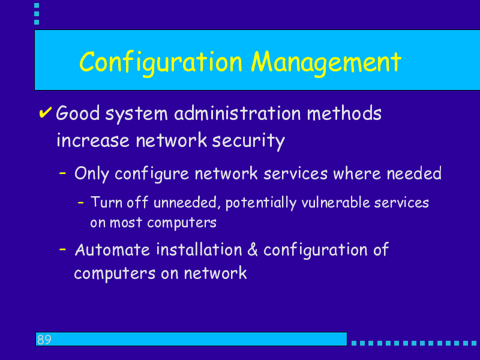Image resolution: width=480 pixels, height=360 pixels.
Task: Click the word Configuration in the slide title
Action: coord(161,63)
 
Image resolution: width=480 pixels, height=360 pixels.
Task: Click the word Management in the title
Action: coord(326,63)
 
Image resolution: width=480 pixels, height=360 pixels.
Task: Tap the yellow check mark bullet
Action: coord(45,113)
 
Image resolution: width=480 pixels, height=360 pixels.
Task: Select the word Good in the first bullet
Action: coord(78,113)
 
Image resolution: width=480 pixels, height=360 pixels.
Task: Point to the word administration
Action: coord(238,113)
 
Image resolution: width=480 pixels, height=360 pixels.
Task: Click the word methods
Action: coord(344,113)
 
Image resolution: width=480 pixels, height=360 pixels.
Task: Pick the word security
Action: coord(248,141)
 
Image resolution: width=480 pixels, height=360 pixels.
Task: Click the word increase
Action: coord(93,141)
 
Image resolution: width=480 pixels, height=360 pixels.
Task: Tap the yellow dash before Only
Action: coord(62,173)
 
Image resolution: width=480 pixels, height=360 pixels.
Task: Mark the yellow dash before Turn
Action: coord(81,202)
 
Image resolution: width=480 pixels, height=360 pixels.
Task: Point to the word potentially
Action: coord(261,203)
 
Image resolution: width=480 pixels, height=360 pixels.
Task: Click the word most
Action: coord(126,223)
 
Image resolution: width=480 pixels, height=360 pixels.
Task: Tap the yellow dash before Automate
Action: coord(62,249)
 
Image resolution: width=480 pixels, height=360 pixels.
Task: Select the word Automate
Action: coord(112,250)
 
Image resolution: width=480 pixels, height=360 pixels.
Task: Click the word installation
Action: coord(199,250)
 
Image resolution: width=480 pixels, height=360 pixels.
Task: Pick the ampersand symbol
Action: coord(253,250)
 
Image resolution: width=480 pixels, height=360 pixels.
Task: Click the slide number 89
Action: coord(44,340)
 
